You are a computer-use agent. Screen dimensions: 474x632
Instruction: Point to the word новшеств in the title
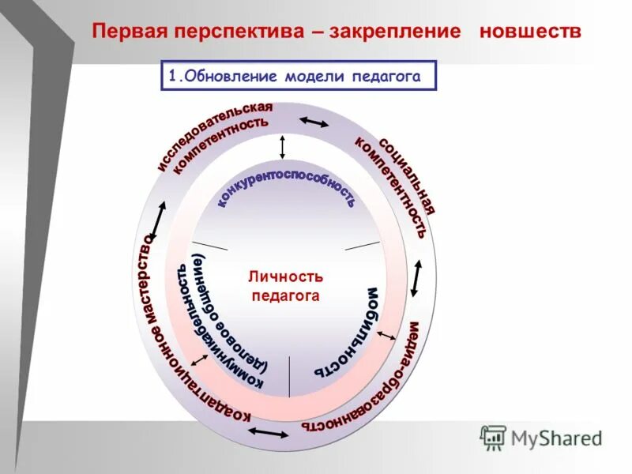(529, 31)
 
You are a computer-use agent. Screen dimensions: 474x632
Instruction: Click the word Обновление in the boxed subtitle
(225, 76)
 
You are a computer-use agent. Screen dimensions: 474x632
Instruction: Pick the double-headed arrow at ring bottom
(268, 433)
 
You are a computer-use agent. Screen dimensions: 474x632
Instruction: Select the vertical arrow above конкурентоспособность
(282, 148)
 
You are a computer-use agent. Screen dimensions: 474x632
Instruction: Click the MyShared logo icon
(493, 437)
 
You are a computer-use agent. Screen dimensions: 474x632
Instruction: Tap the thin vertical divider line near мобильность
(289, 376)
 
